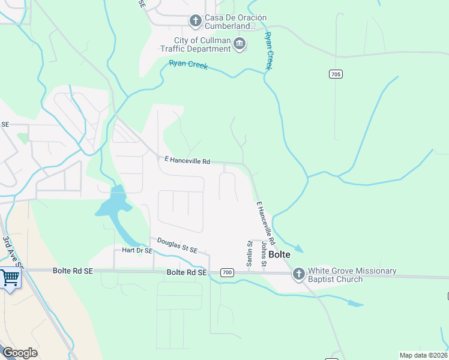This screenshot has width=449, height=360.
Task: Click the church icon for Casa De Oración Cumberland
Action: [195, 22]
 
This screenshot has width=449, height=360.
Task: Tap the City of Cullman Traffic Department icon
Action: [240, 44]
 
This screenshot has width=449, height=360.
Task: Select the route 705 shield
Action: [336, 74]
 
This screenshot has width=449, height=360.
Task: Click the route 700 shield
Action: [226, 272]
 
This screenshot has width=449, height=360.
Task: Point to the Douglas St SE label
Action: [177, 245]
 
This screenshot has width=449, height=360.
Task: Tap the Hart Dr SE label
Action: [137, 250]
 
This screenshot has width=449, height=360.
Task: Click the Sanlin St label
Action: [250, 253]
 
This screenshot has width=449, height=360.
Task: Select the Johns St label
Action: [263, 255]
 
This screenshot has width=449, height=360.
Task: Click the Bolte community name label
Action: [279, 254]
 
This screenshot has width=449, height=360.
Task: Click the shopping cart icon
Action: [10, 278]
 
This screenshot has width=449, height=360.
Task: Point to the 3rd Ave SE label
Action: [12, 252]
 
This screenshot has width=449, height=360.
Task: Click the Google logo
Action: [19, 353]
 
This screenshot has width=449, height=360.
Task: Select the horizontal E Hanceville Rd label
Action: [187, 161]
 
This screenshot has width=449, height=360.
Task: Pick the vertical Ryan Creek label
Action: [269, 51]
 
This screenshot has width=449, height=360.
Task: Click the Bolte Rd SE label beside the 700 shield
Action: [186, 272]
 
